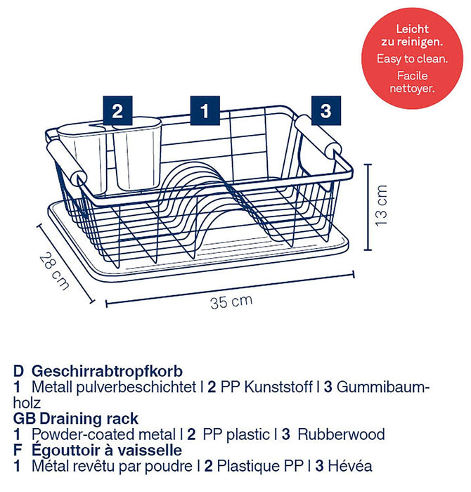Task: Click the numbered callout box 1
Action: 205,110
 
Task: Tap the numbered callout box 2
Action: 117,110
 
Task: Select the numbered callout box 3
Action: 326,110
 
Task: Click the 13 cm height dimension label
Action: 381,205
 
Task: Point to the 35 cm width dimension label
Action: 231,302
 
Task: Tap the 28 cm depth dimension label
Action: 54,271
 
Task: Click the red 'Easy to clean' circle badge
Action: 412,58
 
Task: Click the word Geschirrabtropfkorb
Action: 107,371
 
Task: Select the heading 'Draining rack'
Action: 89,419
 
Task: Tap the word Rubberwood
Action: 341,434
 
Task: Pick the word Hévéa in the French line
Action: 350,466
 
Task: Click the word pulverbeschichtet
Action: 136,387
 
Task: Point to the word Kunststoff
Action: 278,387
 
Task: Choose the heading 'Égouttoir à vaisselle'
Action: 107,451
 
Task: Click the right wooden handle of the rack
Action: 318,135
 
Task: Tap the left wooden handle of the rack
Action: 66,162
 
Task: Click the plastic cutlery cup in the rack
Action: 110,155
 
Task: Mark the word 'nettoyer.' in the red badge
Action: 412,89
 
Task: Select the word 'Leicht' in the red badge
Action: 412,30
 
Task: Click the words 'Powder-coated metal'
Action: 103,434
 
